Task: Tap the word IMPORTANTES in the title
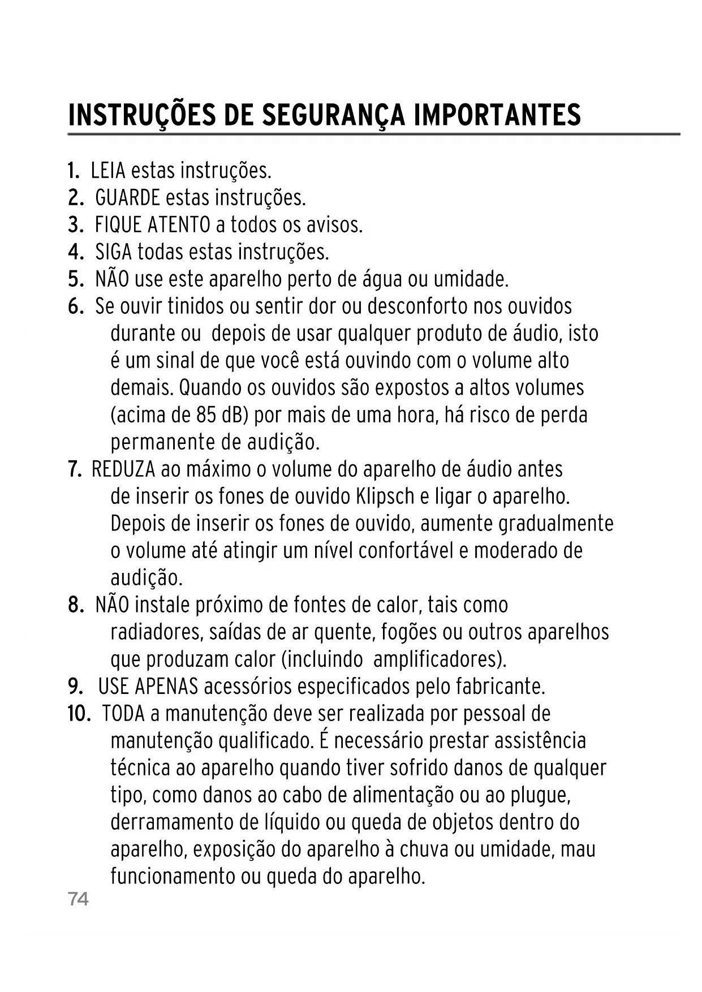point(497,115)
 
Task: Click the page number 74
point(78,899)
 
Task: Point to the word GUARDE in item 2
point(127,197)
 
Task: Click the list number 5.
point(75,279)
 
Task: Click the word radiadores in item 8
point(156,632)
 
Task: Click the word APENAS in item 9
point(166,687)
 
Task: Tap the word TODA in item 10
point(123,714)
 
